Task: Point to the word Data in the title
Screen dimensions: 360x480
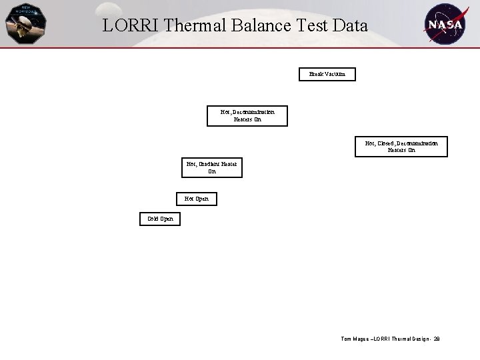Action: [x=351, y=26]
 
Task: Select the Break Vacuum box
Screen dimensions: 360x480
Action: [x=327, y=74]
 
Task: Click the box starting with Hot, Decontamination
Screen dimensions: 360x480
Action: [x=247, y=116]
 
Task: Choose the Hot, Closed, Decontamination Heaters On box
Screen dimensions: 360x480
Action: [x=401, y=147]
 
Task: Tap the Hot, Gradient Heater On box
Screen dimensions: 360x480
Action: [x=212, y=167]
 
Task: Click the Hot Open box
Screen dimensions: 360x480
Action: [x=197, y=199]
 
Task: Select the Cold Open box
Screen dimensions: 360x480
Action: [x=160, y=219]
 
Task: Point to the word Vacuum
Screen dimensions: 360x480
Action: [x=335, y=74]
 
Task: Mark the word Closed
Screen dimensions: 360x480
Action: [x=385, y=143]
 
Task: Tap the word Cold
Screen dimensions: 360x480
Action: [x=153, y=219]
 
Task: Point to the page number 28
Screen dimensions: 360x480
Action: [x=436, y=339]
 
